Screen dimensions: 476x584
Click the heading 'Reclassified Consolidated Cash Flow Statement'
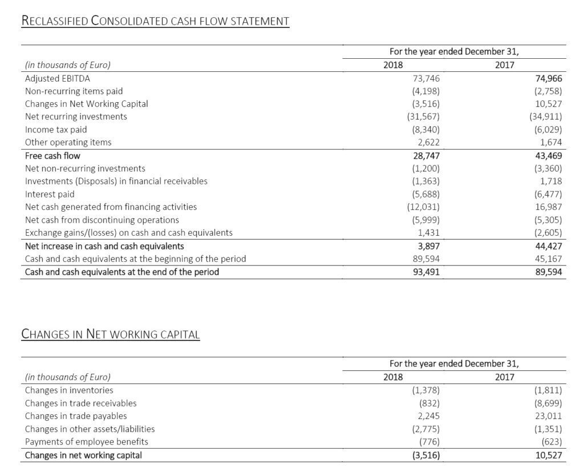(x=155, y=21)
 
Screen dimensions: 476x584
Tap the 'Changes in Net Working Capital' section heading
(x=111, y=333)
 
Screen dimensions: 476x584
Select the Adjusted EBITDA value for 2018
(x=425, y=78)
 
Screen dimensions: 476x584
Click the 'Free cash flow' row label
(x=52, y=155)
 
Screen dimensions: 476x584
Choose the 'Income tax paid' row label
(x=56, y=130)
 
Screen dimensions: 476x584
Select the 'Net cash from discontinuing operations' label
(x=102, y=220)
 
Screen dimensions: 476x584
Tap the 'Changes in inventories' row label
(x=69, y=390)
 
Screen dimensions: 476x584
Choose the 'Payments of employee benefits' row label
(x=86, y=442)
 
